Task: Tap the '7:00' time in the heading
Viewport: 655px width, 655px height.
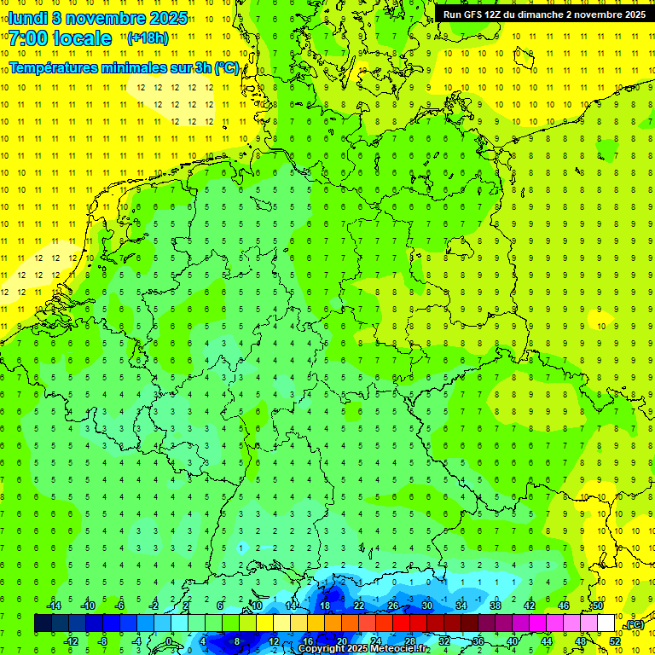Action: pos(28,38)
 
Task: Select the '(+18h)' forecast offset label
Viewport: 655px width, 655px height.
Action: pos(148,38)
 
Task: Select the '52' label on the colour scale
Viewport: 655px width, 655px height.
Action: pos(614,641)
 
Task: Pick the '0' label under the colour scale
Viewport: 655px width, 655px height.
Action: pos(170,641)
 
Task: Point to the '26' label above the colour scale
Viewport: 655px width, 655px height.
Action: pos(392,606)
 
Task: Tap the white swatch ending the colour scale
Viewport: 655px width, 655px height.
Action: pos(606,623)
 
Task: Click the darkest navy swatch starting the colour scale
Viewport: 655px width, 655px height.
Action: pos(43,623)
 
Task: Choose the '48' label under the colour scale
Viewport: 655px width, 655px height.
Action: pos(581,641)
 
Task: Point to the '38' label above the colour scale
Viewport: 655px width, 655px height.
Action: pos(495,606)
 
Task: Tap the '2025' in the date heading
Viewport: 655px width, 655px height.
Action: pos(168,18)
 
